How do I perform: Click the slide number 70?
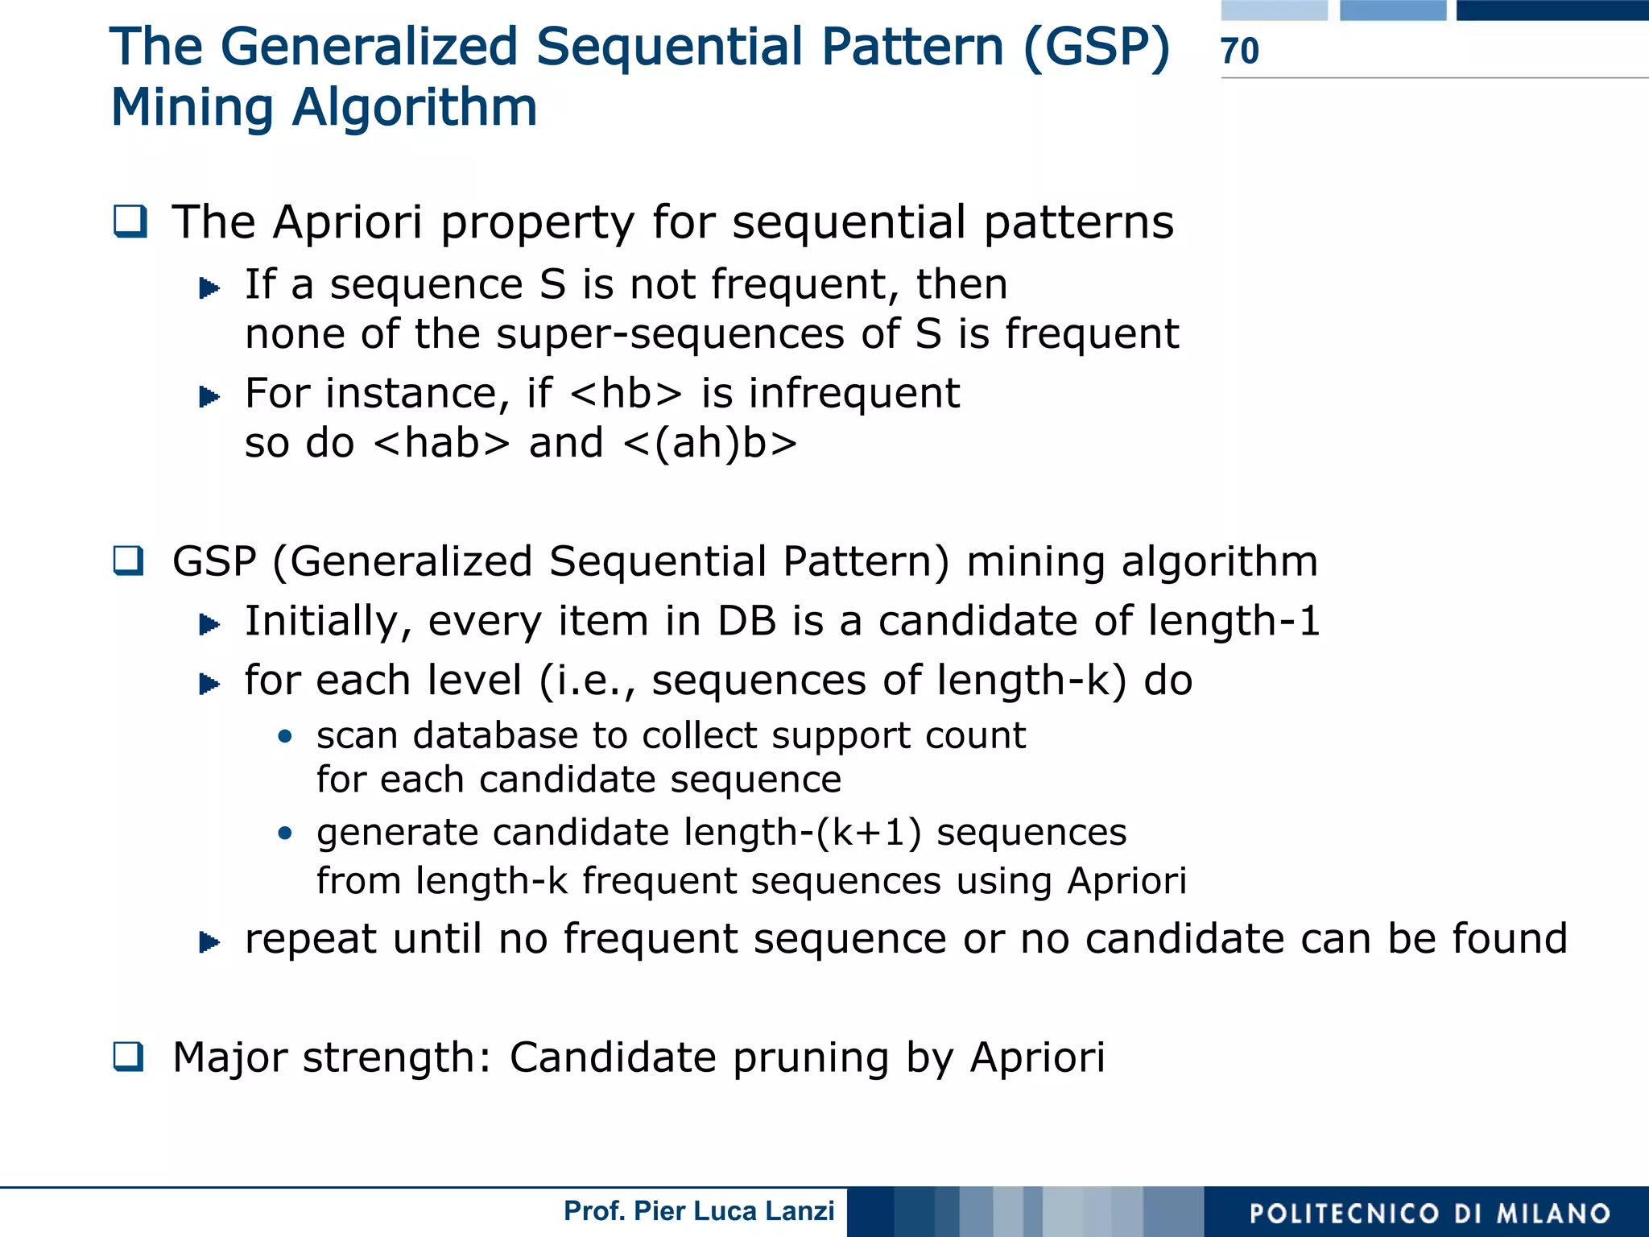tap(1240, 51)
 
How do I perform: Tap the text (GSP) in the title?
tap(1097, 47)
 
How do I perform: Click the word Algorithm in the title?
tap(415, 108)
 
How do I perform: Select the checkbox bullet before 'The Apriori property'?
tap(130, 221)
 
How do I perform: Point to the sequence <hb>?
tap(626, 394)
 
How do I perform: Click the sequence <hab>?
tap(442, 444)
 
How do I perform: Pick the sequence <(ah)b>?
tap(709, 444)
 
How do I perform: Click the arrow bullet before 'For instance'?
tap(209, 396)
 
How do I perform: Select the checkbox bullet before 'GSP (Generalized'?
tap(129, 561)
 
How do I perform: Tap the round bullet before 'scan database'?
tap(284, 736)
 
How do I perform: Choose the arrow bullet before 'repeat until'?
tap(209, 941)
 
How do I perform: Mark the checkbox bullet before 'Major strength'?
tap(129, 1057)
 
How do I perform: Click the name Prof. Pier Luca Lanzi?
tap(699, 1211)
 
